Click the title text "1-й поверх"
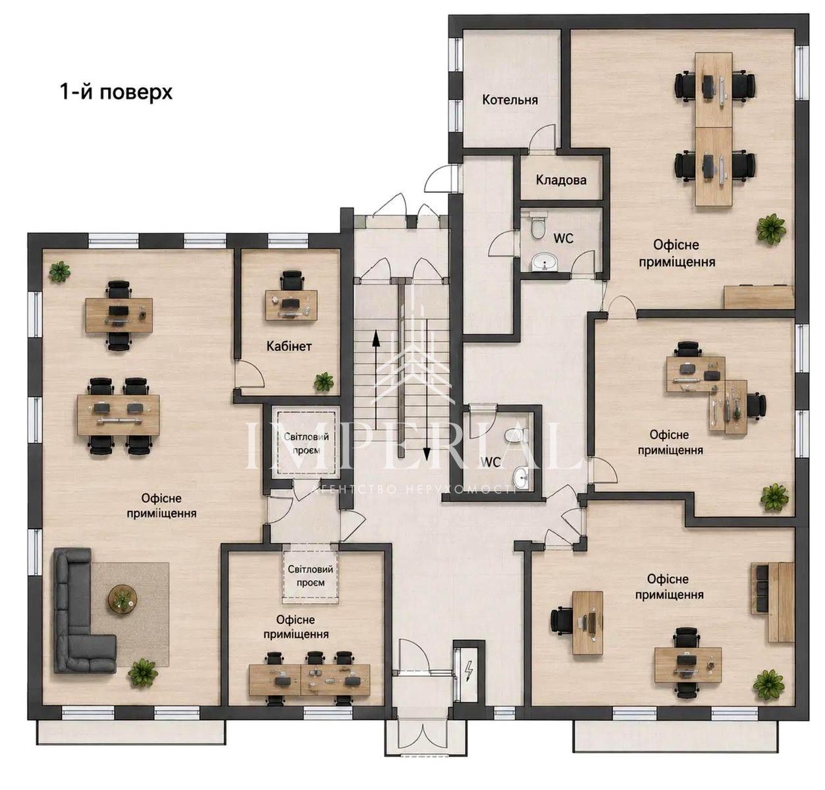click(116, 92)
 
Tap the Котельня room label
click(510, 100)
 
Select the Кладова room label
click(561, 180)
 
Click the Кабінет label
click(288, 346)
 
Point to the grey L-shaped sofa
click(78, 614)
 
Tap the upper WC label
click(563, 238)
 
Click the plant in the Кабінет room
click(323, 381)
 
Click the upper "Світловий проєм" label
click(306, 443)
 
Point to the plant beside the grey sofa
click(143, 672)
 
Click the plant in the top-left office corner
click(59, 271)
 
